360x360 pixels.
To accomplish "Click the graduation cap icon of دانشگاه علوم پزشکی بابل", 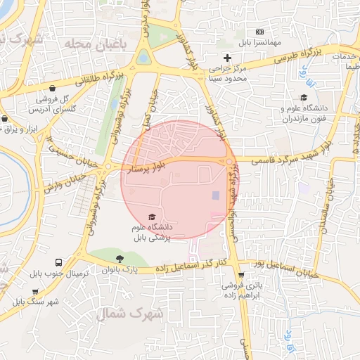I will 153,217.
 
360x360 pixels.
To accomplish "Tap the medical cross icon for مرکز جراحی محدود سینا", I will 226,57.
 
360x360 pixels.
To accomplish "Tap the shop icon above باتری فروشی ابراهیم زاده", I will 242,275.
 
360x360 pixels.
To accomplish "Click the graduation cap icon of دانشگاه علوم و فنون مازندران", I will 304,98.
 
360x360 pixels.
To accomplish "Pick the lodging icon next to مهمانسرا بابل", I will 259,32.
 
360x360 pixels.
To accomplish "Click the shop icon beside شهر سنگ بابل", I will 35,290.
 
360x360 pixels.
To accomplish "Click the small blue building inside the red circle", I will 216,195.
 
